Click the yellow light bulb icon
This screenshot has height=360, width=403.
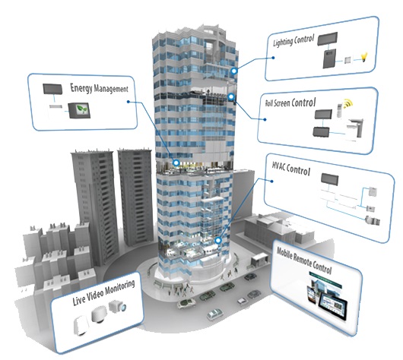point(364,57)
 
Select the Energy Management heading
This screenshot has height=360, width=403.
point(99,88)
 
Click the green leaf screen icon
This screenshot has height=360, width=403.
point(79,110)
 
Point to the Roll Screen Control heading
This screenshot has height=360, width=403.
point(290,103)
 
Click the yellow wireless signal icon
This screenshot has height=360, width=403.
point(348,103)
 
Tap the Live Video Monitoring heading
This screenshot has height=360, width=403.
point(103,292)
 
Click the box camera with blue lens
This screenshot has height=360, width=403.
point(117,306)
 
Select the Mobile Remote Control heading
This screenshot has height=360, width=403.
point(304,261)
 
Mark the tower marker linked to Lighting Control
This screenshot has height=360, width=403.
point(233,71)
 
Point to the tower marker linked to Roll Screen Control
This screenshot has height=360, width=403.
point(231,96)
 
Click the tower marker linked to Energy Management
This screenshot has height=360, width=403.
point(176,163)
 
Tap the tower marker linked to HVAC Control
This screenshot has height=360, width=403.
point(218,240)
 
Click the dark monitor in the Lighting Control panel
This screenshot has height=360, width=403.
point(327,39)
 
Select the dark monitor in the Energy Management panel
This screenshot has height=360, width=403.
point(52,89)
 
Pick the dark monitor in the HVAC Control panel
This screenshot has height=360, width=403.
point(329,179)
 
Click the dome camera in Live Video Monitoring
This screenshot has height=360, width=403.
point(99,314)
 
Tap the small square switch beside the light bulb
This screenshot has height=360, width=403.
point(347,61)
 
